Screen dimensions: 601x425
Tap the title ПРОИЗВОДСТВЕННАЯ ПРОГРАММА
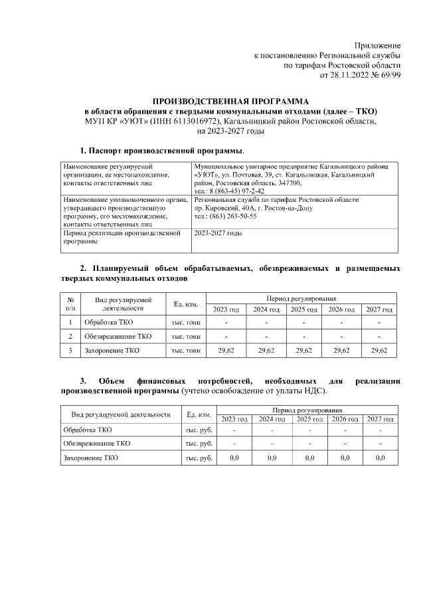[x=230, y=100]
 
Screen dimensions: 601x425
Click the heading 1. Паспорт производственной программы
[x=162, y=151]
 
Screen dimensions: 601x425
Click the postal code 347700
[x=286, y=182]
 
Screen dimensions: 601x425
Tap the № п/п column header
[x=70, y=303]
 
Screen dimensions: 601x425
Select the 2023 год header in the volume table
[x=226, y=309]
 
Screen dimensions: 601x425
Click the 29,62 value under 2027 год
[x=379, y=350]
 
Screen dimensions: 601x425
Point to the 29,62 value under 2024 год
[x=266, y=350]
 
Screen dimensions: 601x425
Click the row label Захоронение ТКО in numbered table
[x=112, y=350]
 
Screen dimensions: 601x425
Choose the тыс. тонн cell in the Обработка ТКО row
[x=186, y=322]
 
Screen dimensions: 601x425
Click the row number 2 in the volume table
[x=70, y=336]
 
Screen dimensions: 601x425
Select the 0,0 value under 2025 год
[x=309, y=458]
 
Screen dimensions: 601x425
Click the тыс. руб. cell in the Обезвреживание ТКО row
[x=198, y=443]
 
